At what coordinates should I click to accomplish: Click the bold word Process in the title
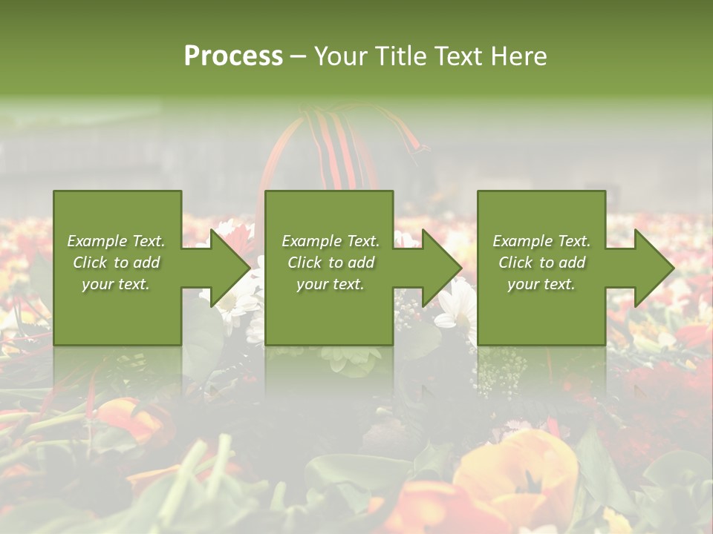[233, 56]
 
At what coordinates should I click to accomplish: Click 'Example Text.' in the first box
[116, 241]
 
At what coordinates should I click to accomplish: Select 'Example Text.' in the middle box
[331, 241]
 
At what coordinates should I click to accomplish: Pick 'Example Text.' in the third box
[541, 241]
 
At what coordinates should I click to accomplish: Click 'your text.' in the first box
[116, 284]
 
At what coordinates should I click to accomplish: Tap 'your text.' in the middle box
[331, 284]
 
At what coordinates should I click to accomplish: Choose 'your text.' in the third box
[541, 284]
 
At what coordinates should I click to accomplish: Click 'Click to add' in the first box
[116, 263]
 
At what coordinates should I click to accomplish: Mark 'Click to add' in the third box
[541, 263]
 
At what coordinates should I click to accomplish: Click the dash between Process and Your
[298, 56]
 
